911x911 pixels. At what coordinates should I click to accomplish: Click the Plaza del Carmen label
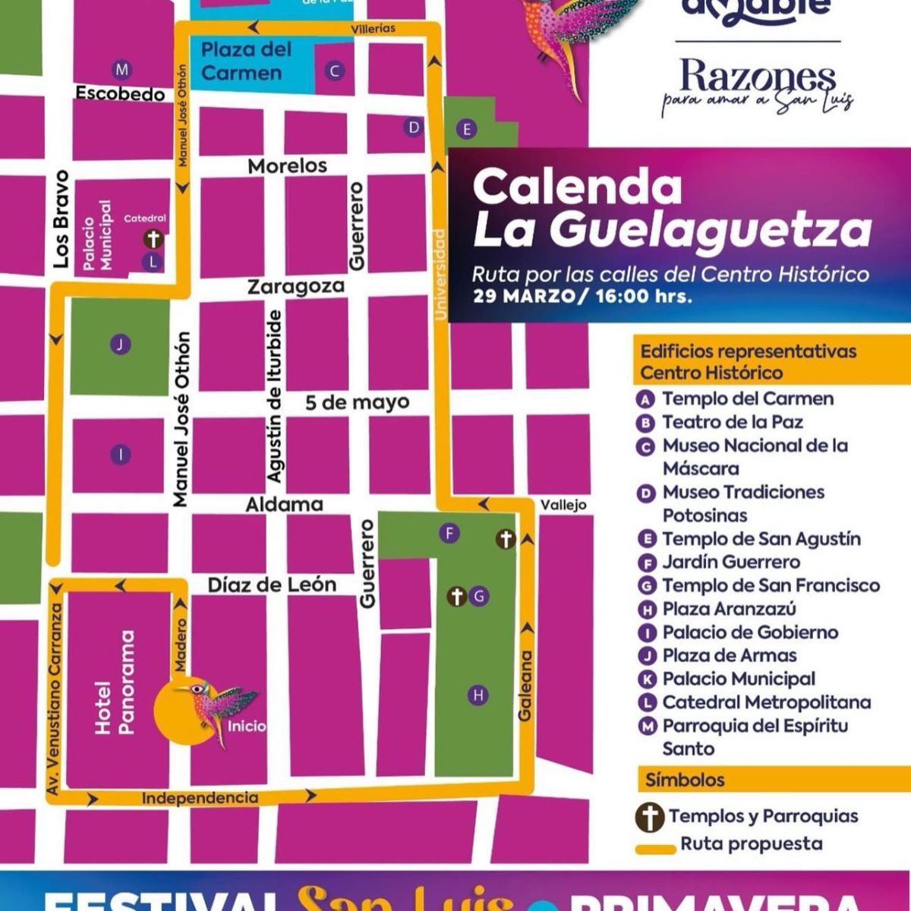[246, 61]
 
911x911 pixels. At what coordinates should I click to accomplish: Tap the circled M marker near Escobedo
[121, 70]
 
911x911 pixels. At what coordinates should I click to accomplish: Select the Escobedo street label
[120, 94]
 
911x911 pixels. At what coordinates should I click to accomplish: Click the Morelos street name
[288, 165]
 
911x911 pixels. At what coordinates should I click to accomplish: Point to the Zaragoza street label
[296, 287]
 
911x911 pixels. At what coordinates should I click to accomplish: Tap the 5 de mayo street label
[357, 402]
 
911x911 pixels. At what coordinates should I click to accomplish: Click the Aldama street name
[284, 504]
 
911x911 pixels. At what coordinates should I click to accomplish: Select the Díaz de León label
[272, 585]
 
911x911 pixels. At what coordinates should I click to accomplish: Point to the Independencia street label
[200, 798]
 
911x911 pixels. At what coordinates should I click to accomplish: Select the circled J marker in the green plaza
[120, 345]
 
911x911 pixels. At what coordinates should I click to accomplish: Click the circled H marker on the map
[478, 695]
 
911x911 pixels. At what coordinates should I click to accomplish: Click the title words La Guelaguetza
[672, 230]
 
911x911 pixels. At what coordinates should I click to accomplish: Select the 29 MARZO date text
[523, 296]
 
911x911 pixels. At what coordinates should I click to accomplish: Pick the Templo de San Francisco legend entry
[770, 585]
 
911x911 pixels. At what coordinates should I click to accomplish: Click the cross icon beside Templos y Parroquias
[650, 817]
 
